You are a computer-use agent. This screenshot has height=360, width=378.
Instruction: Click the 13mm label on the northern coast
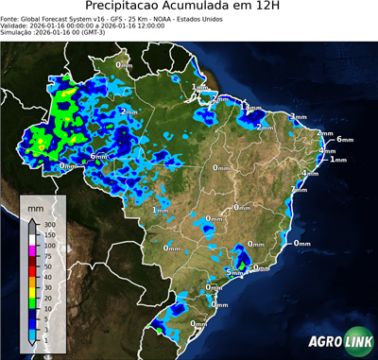[x=249, y=108]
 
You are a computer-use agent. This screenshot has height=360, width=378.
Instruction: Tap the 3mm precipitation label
[x=298, y=117]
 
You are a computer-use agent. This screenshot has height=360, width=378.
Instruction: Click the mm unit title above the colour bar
[x=34, y=206]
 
